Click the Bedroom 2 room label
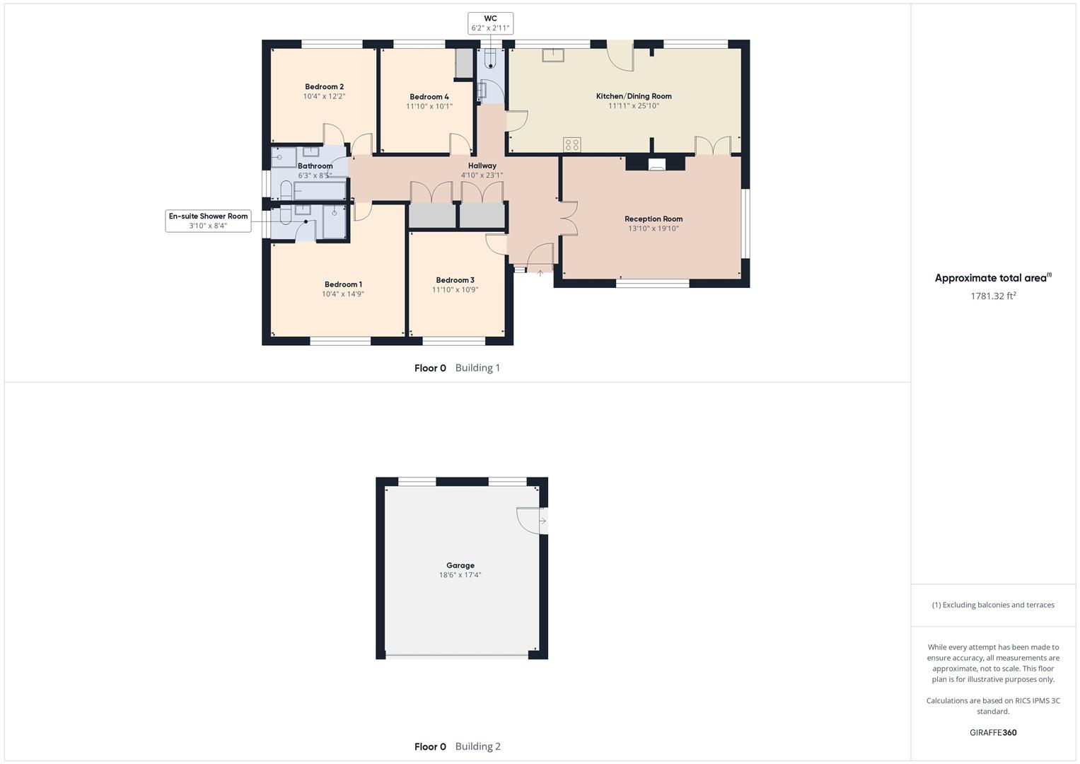coord(324,87)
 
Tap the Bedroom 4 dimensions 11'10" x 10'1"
coord(429,107)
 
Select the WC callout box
coord(490,23)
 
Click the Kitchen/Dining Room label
coord(634,96)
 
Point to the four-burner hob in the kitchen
coord(572,144)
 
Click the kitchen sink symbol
coord(553,54)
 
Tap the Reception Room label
coord(654,219)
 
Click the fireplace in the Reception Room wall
coord(656,165)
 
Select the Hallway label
coord(482,166)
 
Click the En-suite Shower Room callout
coord(208,221)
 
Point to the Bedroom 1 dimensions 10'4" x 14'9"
coord(343,294)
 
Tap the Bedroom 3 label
coord(455,280)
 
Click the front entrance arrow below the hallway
coord(540,273)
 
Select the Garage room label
coord(460,565)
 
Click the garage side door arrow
coord(542,521)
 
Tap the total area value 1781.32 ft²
coord(993,296)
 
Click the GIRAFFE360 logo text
coord(993,733)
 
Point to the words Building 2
coord(477,746)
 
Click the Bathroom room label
coord(315,166)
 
